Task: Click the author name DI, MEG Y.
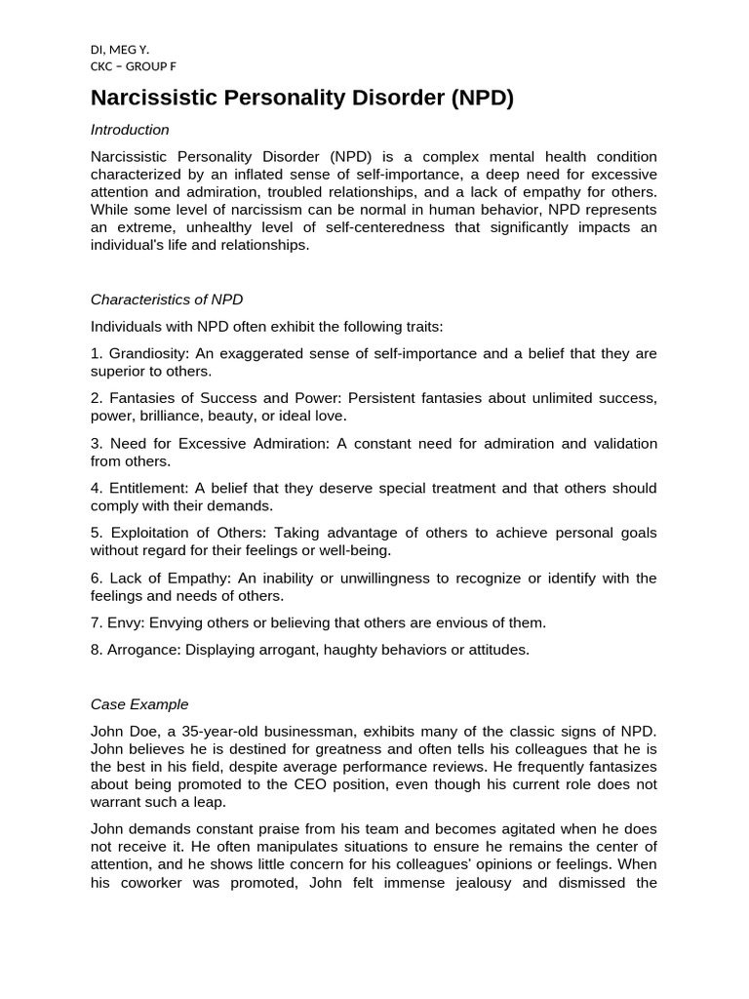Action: [120, 49]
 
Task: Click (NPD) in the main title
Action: [482, 98]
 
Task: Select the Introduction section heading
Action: [130, 130]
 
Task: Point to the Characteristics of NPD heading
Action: [167, 300]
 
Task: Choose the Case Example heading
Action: [139, 703]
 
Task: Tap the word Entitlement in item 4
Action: [147, 488]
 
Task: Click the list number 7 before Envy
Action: [96, 622]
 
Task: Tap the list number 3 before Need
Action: [96, 443]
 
